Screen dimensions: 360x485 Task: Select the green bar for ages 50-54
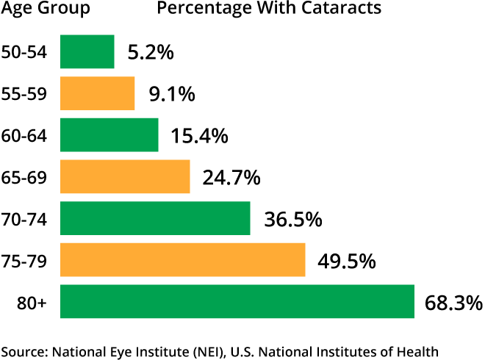point(87,52)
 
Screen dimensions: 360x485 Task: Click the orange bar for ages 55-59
point(97,93)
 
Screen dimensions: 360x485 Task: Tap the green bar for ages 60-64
point(109,135)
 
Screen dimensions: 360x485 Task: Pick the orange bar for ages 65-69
point(124,176)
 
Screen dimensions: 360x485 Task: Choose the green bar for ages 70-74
point(154,218)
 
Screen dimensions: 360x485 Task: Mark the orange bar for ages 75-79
point(182,260)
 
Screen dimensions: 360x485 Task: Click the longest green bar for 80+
point(237,301)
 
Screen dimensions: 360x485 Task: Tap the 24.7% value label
point(231,177)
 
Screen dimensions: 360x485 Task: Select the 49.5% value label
point(347,261)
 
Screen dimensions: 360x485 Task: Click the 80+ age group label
point(33,303)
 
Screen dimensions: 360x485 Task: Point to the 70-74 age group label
point(25,219)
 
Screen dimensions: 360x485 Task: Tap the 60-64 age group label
point(25,136)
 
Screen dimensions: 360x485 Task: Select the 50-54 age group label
point(25,53)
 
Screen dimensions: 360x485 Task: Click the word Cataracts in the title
point(348,10)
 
